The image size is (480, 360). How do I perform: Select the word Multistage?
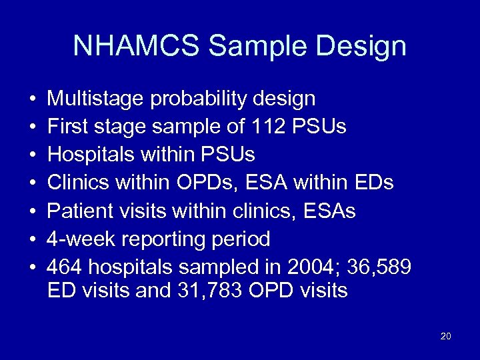coord(96,99)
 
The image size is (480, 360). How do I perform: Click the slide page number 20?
coord(446,336)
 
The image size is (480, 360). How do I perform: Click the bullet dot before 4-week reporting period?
coord(33,239)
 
